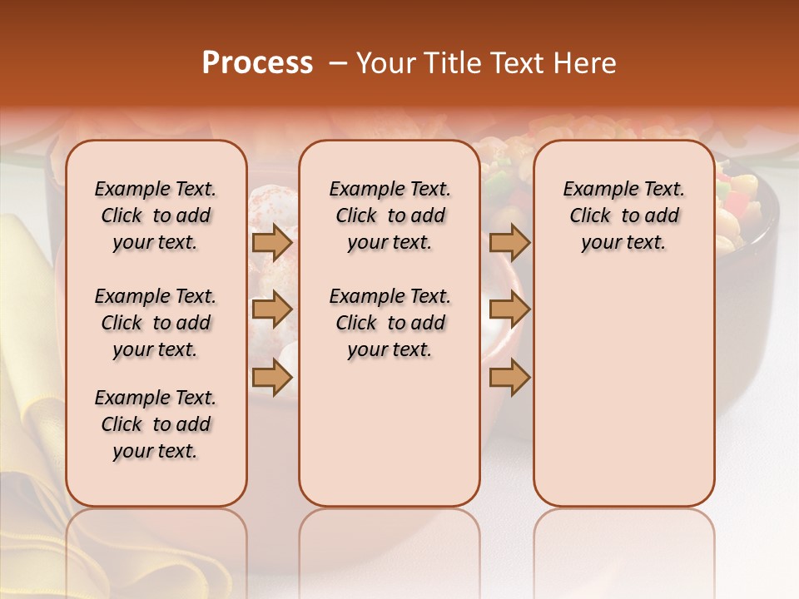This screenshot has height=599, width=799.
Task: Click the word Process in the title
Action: click(257, 63)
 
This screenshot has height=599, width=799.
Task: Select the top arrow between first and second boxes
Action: click(272, 242)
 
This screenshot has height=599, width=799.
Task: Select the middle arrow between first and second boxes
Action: click(272, 310)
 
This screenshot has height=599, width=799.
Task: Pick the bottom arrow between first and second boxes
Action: click(272, 378)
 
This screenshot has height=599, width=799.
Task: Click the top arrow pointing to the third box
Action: click(509, 242)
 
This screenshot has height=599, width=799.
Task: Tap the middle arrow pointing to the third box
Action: click(509, 310)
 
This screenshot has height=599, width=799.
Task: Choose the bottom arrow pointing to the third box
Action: click(509, 378)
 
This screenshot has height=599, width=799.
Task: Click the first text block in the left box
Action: click(156, 215)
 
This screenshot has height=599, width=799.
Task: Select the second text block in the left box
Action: click(156, 323)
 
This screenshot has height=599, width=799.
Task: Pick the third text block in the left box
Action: click(156, 424)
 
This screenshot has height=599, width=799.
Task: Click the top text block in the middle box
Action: click(390, 215)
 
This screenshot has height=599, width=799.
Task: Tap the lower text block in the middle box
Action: click(390, 323)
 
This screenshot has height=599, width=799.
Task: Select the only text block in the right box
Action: click(623, 215)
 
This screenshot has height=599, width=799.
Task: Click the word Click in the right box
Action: click(590, 215)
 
